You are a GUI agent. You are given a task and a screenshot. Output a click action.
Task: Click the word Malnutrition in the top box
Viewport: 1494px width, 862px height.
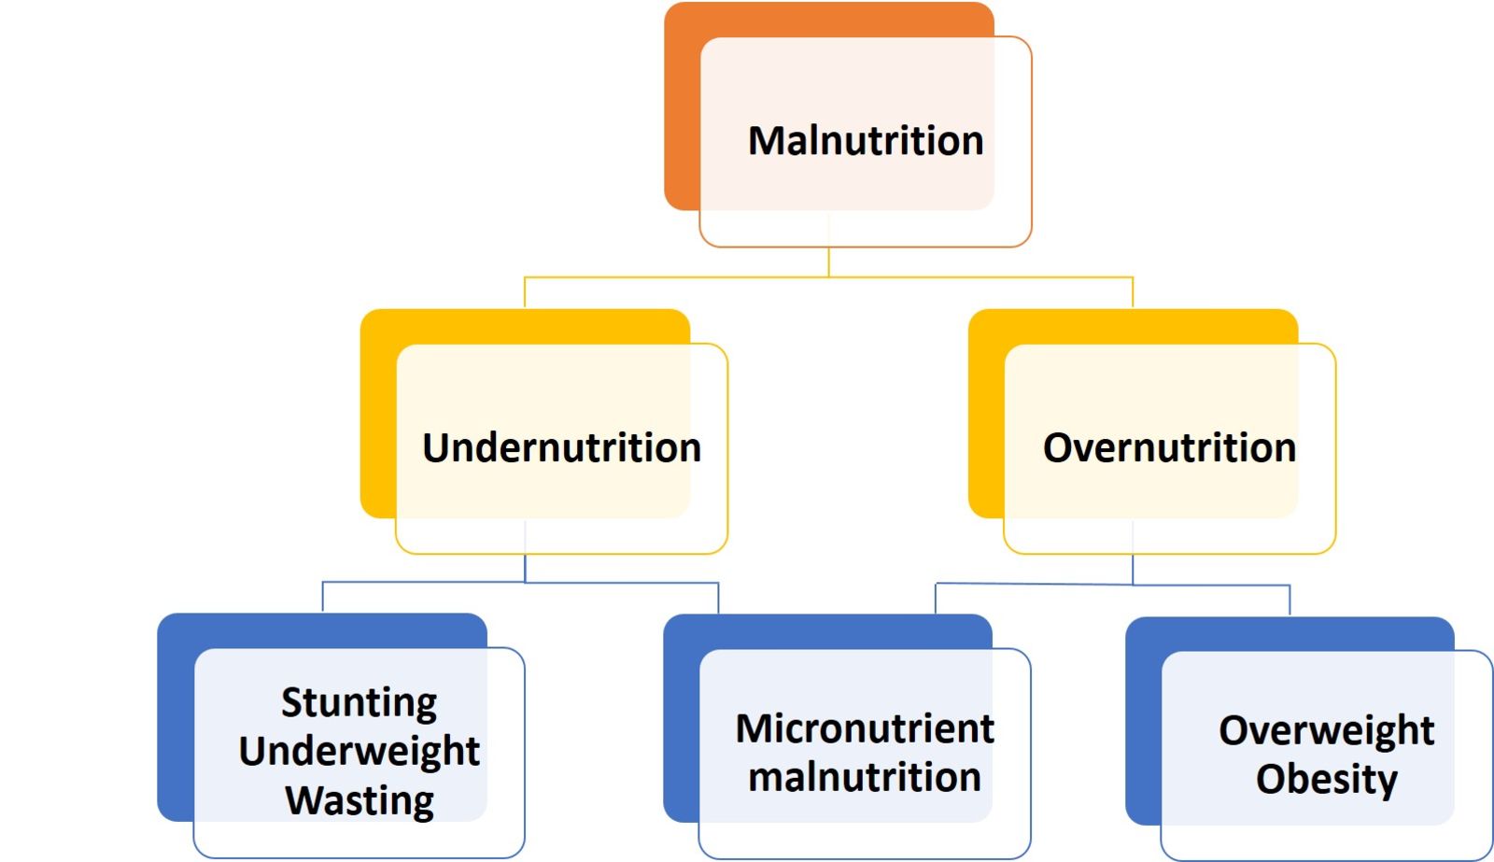pos(866,141)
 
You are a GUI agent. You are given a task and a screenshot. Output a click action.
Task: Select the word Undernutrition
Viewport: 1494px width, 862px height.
pos(561,447)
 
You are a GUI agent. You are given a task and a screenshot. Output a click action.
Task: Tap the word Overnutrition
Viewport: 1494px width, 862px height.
pos(1169,447)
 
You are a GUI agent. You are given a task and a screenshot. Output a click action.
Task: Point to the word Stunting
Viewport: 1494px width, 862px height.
pos(359,702)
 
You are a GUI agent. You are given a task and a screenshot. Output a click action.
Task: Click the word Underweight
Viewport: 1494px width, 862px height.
pos(359,751)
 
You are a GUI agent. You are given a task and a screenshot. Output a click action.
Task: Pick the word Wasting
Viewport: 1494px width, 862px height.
pos(359,800)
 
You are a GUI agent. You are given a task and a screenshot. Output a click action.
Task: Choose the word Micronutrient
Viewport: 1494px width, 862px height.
pos(865,728)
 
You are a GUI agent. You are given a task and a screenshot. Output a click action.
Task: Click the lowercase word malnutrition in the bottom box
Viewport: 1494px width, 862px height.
pos(865,777)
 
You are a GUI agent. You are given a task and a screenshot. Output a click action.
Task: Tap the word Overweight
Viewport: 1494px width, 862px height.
pos(1326,730)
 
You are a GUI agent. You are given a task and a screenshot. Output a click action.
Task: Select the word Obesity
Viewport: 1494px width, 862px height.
pos(1326,779)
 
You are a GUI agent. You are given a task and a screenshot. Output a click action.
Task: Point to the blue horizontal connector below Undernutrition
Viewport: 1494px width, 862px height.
pos(420,583)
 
